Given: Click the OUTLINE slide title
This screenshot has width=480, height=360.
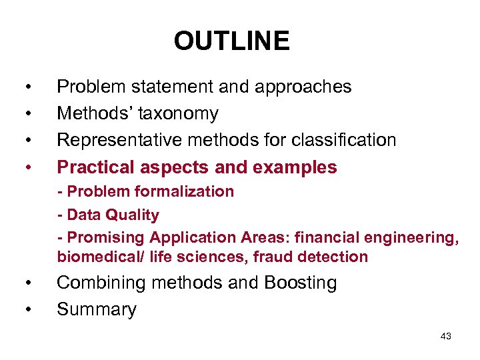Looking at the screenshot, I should (x=231, y=41).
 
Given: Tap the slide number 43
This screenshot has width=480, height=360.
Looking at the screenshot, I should (x=445, y=337).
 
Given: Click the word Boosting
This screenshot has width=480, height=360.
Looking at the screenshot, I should (x=300, y=283).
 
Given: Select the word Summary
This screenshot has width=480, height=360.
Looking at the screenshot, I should (x=97, y=309).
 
